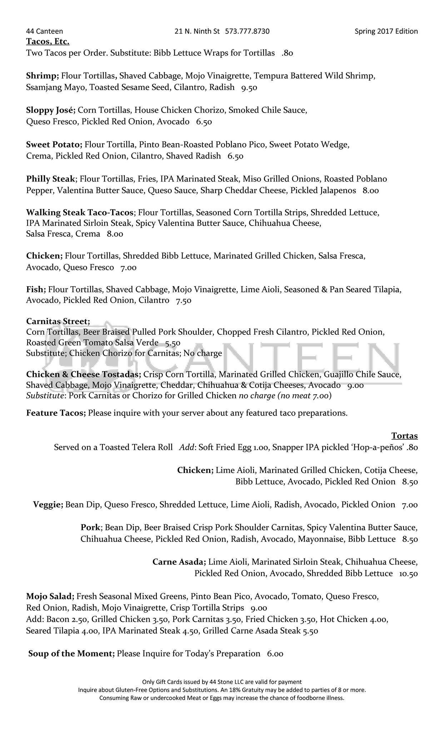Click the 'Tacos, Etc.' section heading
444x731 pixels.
(x=48, y=42)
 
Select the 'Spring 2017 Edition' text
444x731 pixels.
(x=386, y=31)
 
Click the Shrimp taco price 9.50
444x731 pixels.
(x=249, y=87)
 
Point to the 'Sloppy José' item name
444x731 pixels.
(x=50, y=110)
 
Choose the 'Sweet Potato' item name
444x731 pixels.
(x=54, y=145)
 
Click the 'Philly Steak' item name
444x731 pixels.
(x=51, y=179)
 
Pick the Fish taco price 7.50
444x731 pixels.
(x=184, y=301)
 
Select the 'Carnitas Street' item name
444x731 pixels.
(x=58, y=321)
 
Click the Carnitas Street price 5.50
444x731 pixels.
(x=173, y=343)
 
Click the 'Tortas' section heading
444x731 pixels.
(x=404, y=436)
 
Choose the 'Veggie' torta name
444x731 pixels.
(x=48, y=505)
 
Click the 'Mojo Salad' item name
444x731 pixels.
(x=50, y=596)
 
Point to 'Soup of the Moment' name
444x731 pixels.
(x=71, y=654)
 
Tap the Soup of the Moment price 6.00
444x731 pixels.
(x=275, y=654)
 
